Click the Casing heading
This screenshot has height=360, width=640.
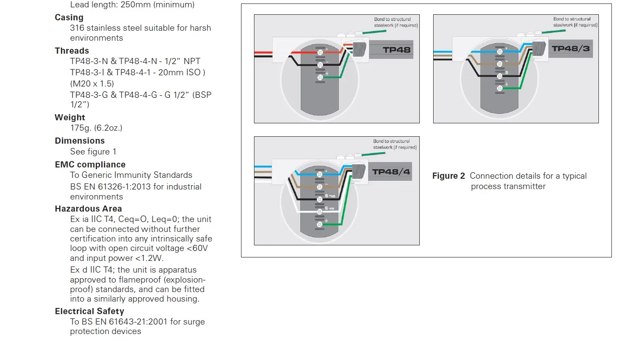[x=69, y=17]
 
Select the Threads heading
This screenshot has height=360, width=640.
[x=72, y=51]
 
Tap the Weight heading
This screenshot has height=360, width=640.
[x=70, y=117]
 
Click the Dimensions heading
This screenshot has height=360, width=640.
[x=80, y=141]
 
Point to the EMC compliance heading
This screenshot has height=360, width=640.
[x=90, y=164]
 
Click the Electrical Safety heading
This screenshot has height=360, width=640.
[x=90, y=311]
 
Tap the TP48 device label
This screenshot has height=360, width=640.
[x=396, y=50]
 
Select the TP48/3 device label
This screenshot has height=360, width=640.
[x=571, y=48]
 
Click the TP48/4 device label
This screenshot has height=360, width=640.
[x=391, y=172]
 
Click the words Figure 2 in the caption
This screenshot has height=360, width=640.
[x=449, y=176]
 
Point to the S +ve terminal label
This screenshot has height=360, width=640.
[x=330, y=196]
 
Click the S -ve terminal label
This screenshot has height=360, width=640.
[x=330, y=208]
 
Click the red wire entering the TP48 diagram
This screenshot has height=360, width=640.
[x=263, y=52]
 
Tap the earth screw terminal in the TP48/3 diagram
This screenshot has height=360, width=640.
[x=499, y=88]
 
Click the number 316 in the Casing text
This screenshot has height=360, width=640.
[x=77, y=28]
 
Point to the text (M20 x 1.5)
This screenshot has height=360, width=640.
[x=92, y=84]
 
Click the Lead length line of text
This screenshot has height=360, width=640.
[x=132, y=5]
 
